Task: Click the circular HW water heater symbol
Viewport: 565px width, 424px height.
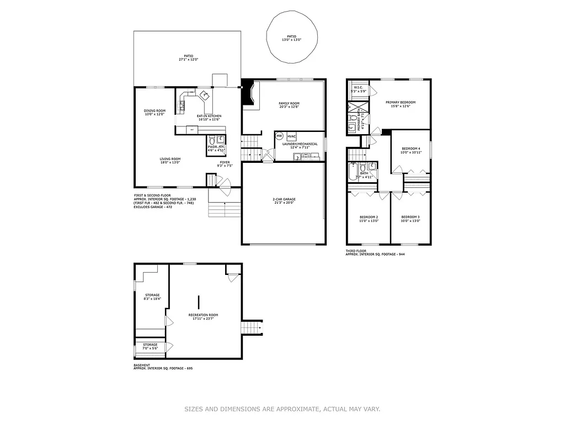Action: (x=279, y=136)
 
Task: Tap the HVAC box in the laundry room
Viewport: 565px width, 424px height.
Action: (x=291, y=136)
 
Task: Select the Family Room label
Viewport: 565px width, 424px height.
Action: (x=289, y=103)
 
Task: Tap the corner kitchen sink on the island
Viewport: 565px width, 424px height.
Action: (x=204, y=94)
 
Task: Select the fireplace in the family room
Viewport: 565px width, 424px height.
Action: (x=249, y=95)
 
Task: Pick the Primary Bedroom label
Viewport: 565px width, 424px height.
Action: (x=400, y=102)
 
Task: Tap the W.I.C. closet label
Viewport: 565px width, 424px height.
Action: (x=358, y=87)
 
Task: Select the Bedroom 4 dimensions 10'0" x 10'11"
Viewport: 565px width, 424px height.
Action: (x=411, y=152)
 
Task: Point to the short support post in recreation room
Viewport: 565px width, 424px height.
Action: (x=199, y=301)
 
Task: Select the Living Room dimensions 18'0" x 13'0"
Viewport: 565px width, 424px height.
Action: (x=170, y=162)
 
